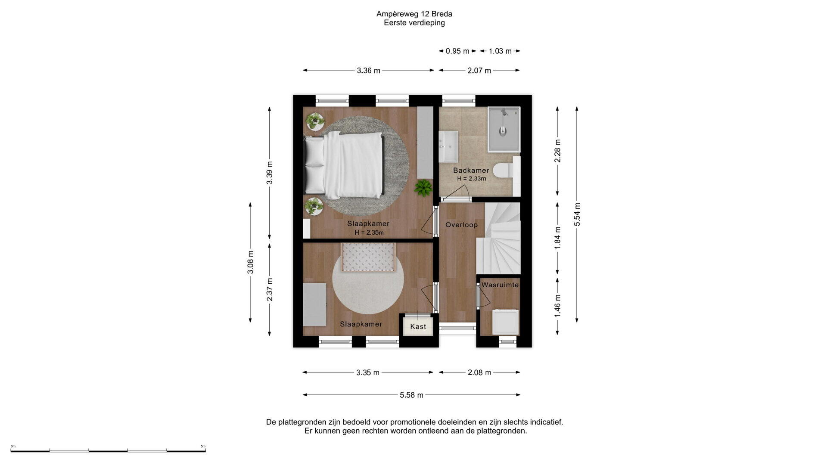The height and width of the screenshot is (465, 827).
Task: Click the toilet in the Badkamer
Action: click(504, 171)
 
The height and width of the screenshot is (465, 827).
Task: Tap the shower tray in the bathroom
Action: click(504, 130)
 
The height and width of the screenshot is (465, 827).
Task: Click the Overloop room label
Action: click(461, 225)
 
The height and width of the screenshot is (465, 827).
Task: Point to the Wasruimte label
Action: click(500, 285)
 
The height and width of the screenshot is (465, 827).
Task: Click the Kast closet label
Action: click(418, 326)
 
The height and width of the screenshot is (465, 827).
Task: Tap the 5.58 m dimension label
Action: click(411, 395)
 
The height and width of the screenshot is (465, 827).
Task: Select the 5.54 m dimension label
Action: click(577, 214)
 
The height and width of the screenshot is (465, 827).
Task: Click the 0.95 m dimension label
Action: click(457, 51)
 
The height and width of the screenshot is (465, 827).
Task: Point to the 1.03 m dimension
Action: click(500, 51)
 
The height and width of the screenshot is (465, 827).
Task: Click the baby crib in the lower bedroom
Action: click(368, 257)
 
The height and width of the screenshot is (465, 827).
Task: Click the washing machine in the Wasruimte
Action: click(505, 322)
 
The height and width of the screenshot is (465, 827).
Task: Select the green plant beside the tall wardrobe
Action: click(423, 188)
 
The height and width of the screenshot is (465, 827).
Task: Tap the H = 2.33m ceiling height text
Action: click(472, 179)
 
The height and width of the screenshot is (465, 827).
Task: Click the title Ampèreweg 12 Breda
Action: click(414, 14)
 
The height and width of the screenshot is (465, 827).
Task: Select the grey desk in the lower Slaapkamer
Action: click(314, 304)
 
